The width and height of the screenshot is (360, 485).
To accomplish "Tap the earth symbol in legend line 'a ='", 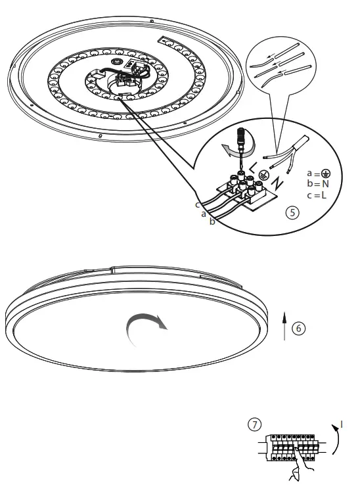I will pos(327,174).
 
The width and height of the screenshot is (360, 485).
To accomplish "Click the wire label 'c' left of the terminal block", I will pos(197,205).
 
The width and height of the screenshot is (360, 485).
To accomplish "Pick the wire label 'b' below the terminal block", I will pos(212,222).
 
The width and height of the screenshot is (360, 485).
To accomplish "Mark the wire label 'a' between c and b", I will pos(204,214).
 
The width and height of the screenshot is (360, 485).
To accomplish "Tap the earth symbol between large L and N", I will pos(263,175).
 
